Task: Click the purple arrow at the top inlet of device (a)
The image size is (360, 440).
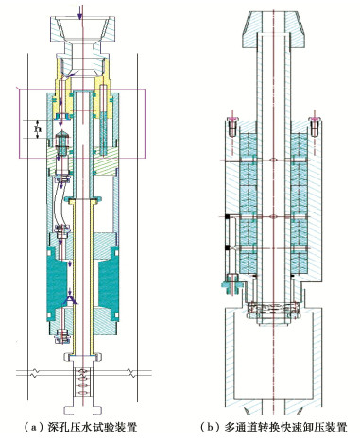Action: (80, 11)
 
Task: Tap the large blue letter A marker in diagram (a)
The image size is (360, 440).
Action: (70, 300)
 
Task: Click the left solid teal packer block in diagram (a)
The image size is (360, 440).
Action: (56, 283)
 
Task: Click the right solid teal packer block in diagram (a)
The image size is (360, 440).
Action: (109, 283)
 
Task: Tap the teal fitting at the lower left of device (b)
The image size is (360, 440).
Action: (231, 284)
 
